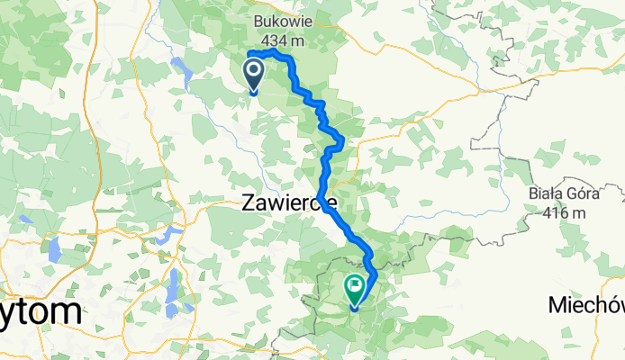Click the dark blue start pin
point(253,71)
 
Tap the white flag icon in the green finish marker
point(355,289)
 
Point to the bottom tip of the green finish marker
point(354,310)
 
